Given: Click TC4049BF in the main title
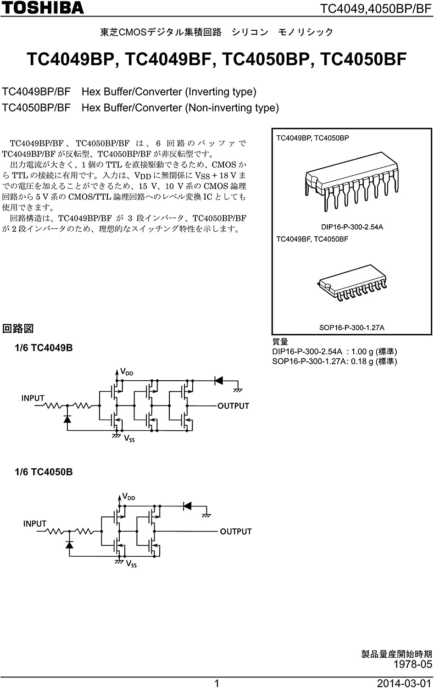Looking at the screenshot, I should pos(168,60).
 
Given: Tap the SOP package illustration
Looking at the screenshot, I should pos(352,282).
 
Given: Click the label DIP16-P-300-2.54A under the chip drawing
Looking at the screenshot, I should pos(352,227).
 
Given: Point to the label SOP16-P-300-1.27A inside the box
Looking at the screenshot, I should pos(351,327).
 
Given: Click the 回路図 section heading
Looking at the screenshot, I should pos(18,328).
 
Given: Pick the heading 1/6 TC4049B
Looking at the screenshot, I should pos(44,348).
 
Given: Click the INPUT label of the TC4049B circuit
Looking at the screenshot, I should pos(33,398).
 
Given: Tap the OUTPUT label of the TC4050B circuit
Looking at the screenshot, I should pos(236,531).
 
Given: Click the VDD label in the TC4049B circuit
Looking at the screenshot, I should pos(127,372).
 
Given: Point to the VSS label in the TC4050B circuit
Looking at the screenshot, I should pos(131,564).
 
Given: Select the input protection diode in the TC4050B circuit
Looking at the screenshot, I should pos(69,544).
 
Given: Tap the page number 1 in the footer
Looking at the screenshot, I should pos(217,683).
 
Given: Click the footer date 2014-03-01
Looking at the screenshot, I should pos(404,683).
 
